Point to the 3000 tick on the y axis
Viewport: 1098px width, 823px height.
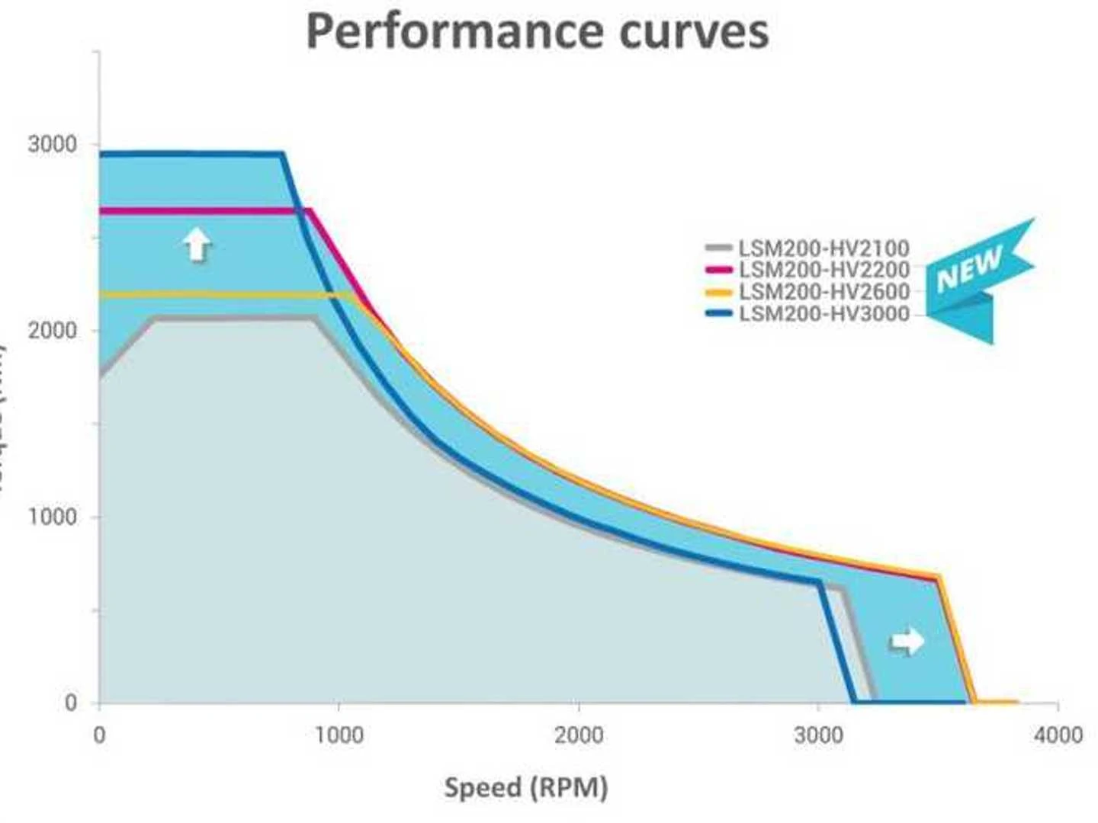52,143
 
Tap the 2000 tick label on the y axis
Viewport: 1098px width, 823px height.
52,331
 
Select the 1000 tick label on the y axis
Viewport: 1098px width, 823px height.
52,517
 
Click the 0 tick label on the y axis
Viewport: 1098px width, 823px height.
70,703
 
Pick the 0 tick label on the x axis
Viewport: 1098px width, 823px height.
99,735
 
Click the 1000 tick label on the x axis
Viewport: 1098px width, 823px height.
339,735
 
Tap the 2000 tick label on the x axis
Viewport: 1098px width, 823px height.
579,735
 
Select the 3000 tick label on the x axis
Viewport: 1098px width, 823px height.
818,735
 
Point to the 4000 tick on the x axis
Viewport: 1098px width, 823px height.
1058,735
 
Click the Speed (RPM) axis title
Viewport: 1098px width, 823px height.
526,787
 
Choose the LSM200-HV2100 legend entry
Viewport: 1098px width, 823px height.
823,248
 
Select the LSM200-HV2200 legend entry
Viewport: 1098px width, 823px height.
823,269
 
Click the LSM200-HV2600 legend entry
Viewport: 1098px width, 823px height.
823,291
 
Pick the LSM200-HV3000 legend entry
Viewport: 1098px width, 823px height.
823,313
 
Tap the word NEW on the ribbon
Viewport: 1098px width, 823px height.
969,269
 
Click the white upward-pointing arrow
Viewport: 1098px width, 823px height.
197,245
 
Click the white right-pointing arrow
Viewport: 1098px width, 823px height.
907,641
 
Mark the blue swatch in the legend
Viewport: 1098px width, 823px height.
719,313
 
